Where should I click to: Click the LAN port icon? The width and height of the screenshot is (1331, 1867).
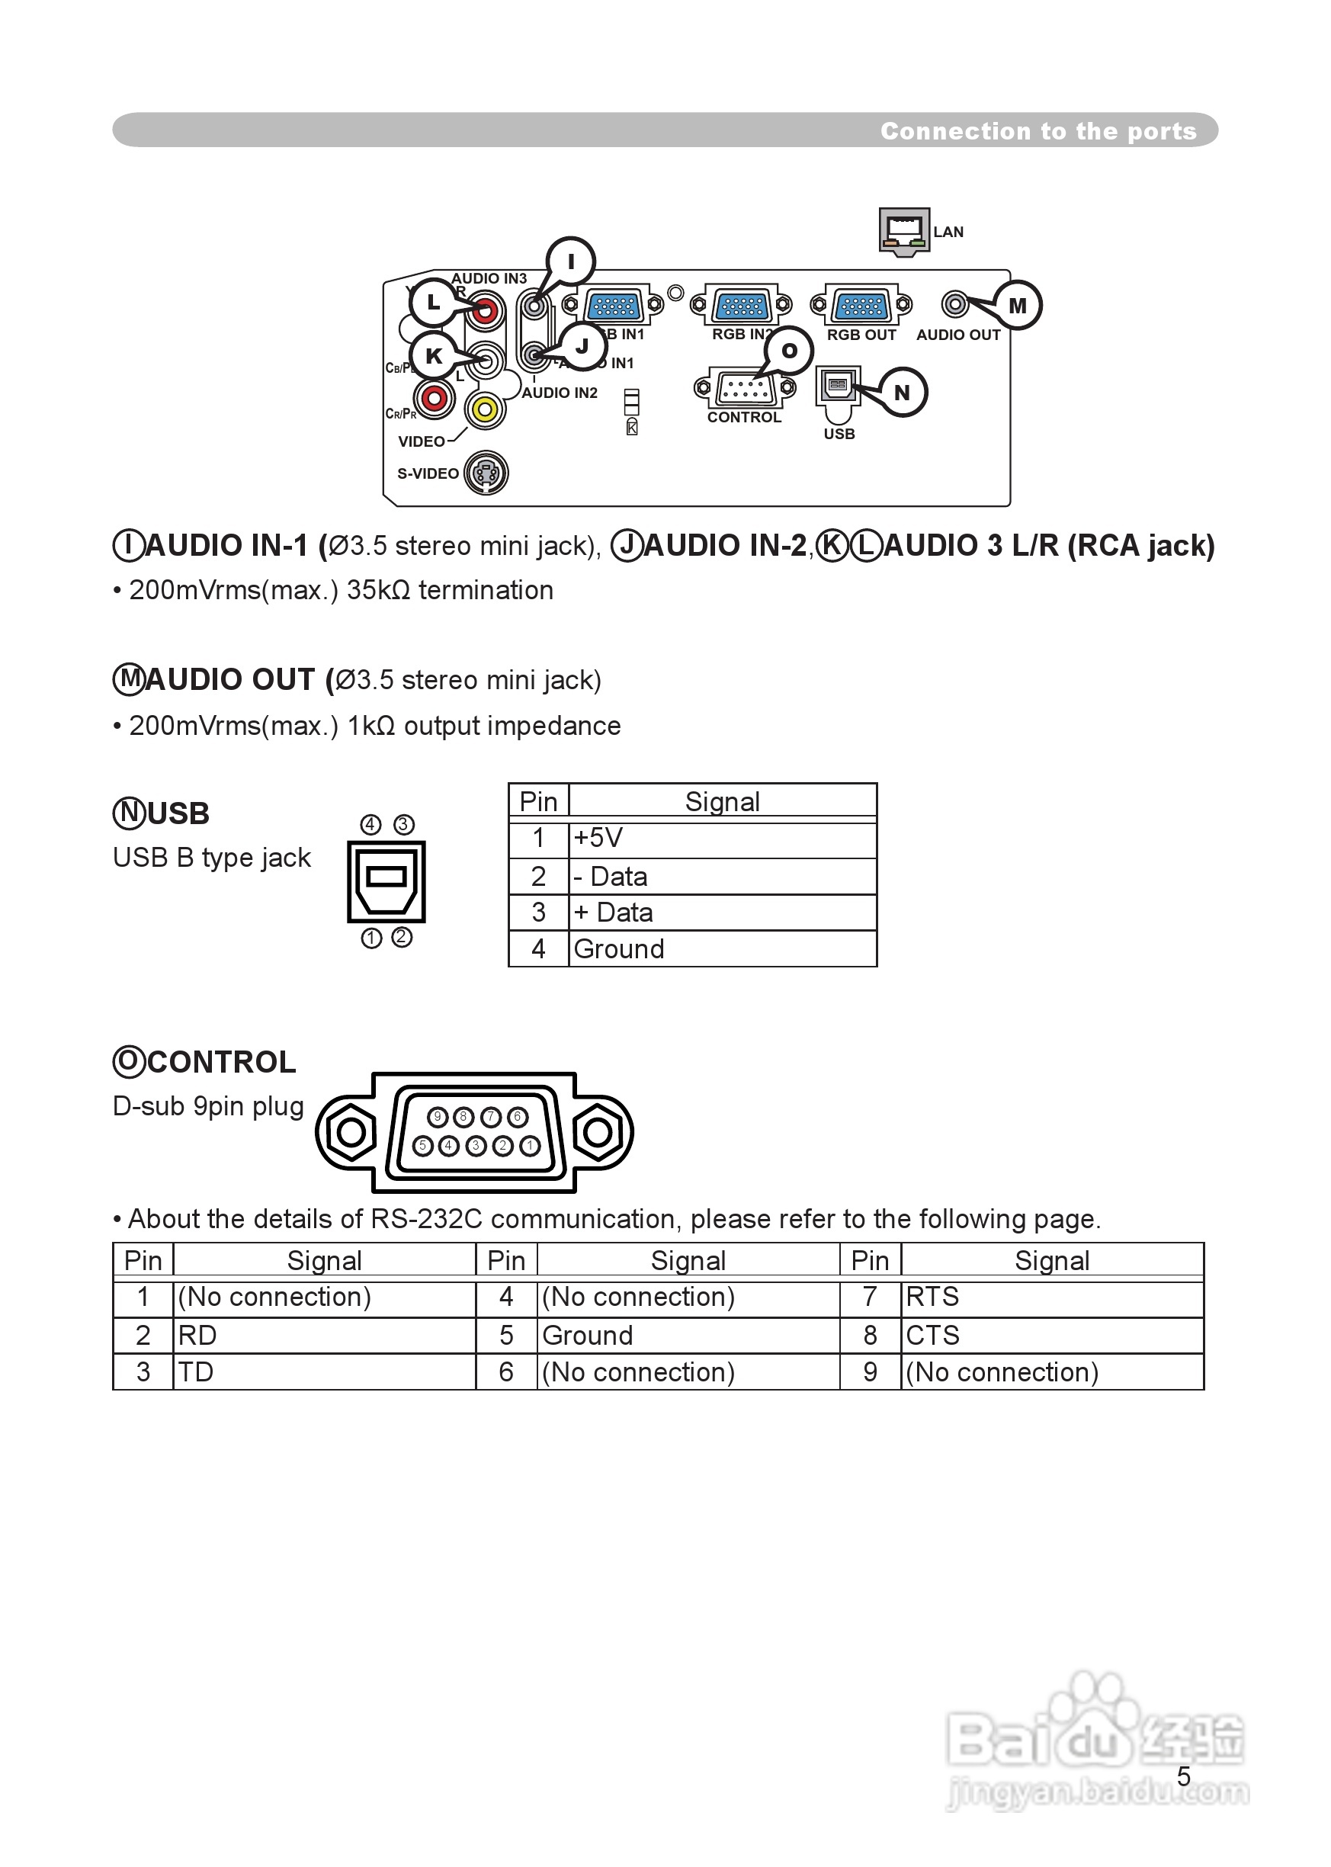coord(904,230)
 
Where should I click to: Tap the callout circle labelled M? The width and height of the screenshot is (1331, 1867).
coord(1017,306)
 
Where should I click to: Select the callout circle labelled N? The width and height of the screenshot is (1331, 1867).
coord(902,393)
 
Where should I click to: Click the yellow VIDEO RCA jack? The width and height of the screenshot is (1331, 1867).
coord(485,408)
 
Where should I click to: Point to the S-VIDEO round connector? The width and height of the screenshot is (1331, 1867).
coord(486,473)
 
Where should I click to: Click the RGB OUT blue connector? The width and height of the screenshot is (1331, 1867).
coord(861,306)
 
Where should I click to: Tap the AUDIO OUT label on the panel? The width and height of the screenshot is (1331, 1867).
coord(958,335)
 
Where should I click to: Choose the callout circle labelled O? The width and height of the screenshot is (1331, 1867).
coord(788,351)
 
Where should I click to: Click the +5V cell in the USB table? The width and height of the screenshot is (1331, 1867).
coord(722,838)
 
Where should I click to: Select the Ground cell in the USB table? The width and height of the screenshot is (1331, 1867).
coord(722,948)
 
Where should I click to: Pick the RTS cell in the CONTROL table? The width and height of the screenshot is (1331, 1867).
coord(1051,1297)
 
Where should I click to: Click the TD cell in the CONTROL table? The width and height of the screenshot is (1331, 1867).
coord(324,1372)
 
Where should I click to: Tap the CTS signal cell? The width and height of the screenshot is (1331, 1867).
coord(1051,1335)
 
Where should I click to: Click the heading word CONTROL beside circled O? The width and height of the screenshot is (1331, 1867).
coord(221,1062)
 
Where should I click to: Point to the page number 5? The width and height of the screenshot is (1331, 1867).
coord(1183,1776)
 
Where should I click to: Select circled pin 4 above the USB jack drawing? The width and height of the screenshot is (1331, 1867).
coord(371,825)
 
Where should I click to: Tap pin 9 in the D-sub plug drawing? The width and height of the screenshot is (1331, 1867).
coord(438,1116)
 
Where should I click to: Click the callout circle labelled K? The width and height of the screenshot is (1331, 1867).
coord(434,356)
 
